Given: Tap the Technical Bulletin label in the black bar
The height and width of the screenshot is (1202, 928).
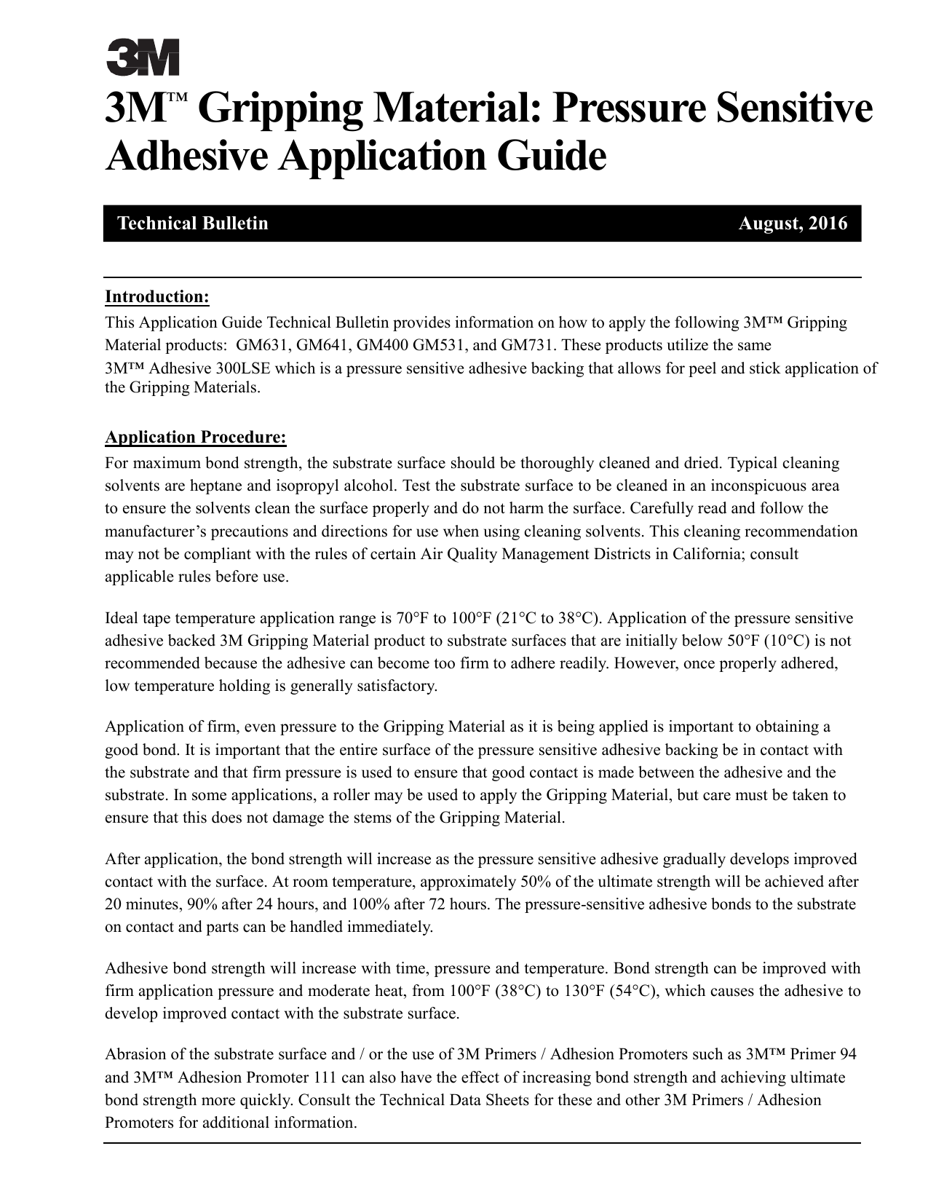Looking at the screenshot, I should click(x=193, y=224).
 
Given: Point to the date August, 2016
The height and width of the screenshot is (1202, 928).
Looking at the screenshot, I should click(x=793, y=224).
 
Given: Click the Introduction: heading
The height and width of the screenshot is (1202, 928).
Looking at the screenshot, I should click(x=157, y=297).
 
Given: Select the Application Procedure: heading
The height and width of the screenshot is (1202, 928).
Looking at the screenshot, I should click(x=196, y=438).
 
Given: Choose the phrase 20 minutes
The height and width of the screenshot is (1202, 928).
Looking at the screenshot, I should click(x=139, y=905).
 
